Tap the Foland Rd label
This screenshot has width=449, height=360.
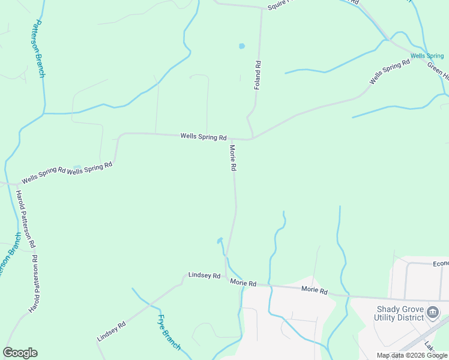click(x=257, y=75)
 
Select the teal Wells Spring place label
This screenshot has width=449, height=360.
click(x=427, y=56)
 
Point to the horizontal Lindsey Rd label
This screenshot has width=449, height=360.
click(x=204, y=275)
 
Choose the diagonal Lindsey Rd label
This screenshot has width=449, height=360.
click(x=111, y=331)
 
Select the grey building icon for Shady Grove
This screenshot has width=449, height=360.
click(x=433, y=312)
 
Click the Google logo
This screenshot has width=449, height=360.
click(x=20, y=353)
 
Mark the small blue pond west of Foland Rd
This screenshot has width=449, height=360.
click(x=242, y=46)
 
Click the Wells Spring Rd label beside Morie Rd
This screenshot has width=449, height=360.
click(x=203, y=137)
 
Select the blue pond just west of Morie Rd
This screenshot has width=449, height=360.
click(x=220, y=241)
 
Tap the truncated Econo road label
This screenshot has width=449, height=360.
click(x=440, y=263)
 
